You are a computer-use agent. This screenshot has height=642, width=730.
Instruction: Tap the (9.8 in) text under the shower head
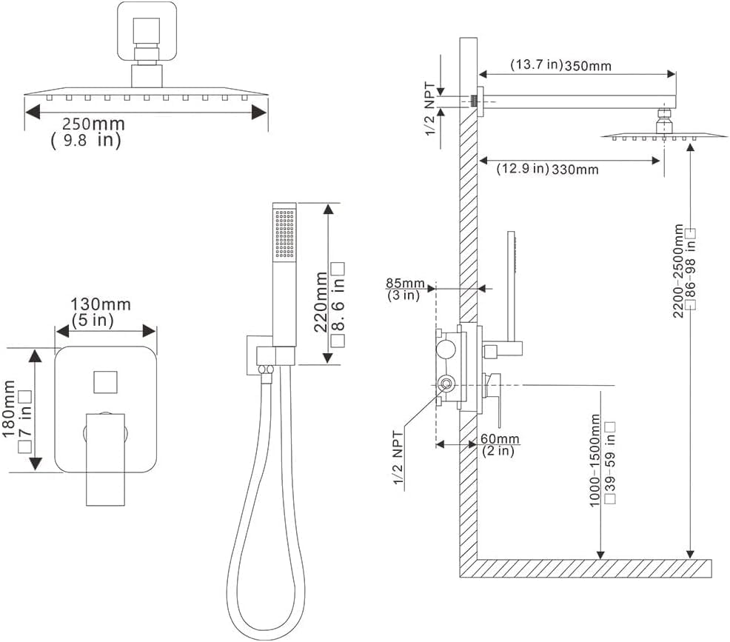86,140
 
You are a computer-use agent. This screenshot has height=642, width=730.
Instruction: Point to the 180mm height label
10,409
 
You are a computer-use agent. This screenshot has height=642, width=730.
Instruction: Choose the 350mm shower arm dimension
588,66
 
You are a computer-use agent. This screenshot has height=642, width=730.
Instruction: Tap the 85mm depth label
405,283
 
